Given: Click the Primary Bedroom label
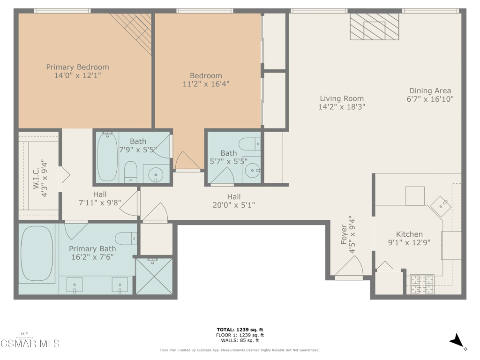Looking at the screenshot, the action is [77, 67].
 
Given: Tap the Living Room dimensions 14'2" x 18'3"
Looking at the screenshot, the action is [342, 107].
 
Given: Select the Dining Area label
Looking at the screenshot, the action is [430, 90].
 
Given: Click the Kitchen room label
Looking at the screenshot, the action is [409, 234].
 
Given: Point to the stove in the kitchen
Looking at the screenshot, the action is [422, 285].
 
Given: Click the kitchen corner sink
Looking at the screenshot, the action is [441, 207].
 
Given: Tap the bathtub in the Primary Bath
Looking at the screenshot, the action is [37, 254].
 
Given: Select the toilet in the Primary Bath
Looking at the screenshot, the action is [126, 239].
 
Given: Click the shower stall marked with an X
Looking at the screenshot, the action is [154, 277].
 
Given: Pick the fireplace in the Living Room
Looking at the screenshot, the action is [375, 27].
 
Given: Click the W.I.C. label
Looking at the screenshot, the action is [36, 178].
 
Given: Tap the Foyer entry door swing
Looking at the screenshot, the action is [349, 267].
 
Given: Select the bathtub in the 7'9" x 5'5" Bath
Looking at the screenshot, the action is [107, 157].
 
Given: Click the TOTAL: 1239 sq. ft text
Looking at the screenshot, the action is [240, 330].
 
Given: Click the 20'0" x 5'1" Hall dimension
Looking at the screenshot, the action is [234, 205].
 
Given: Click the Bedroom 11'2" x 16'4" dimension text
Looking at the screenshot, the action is [206, 84].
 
